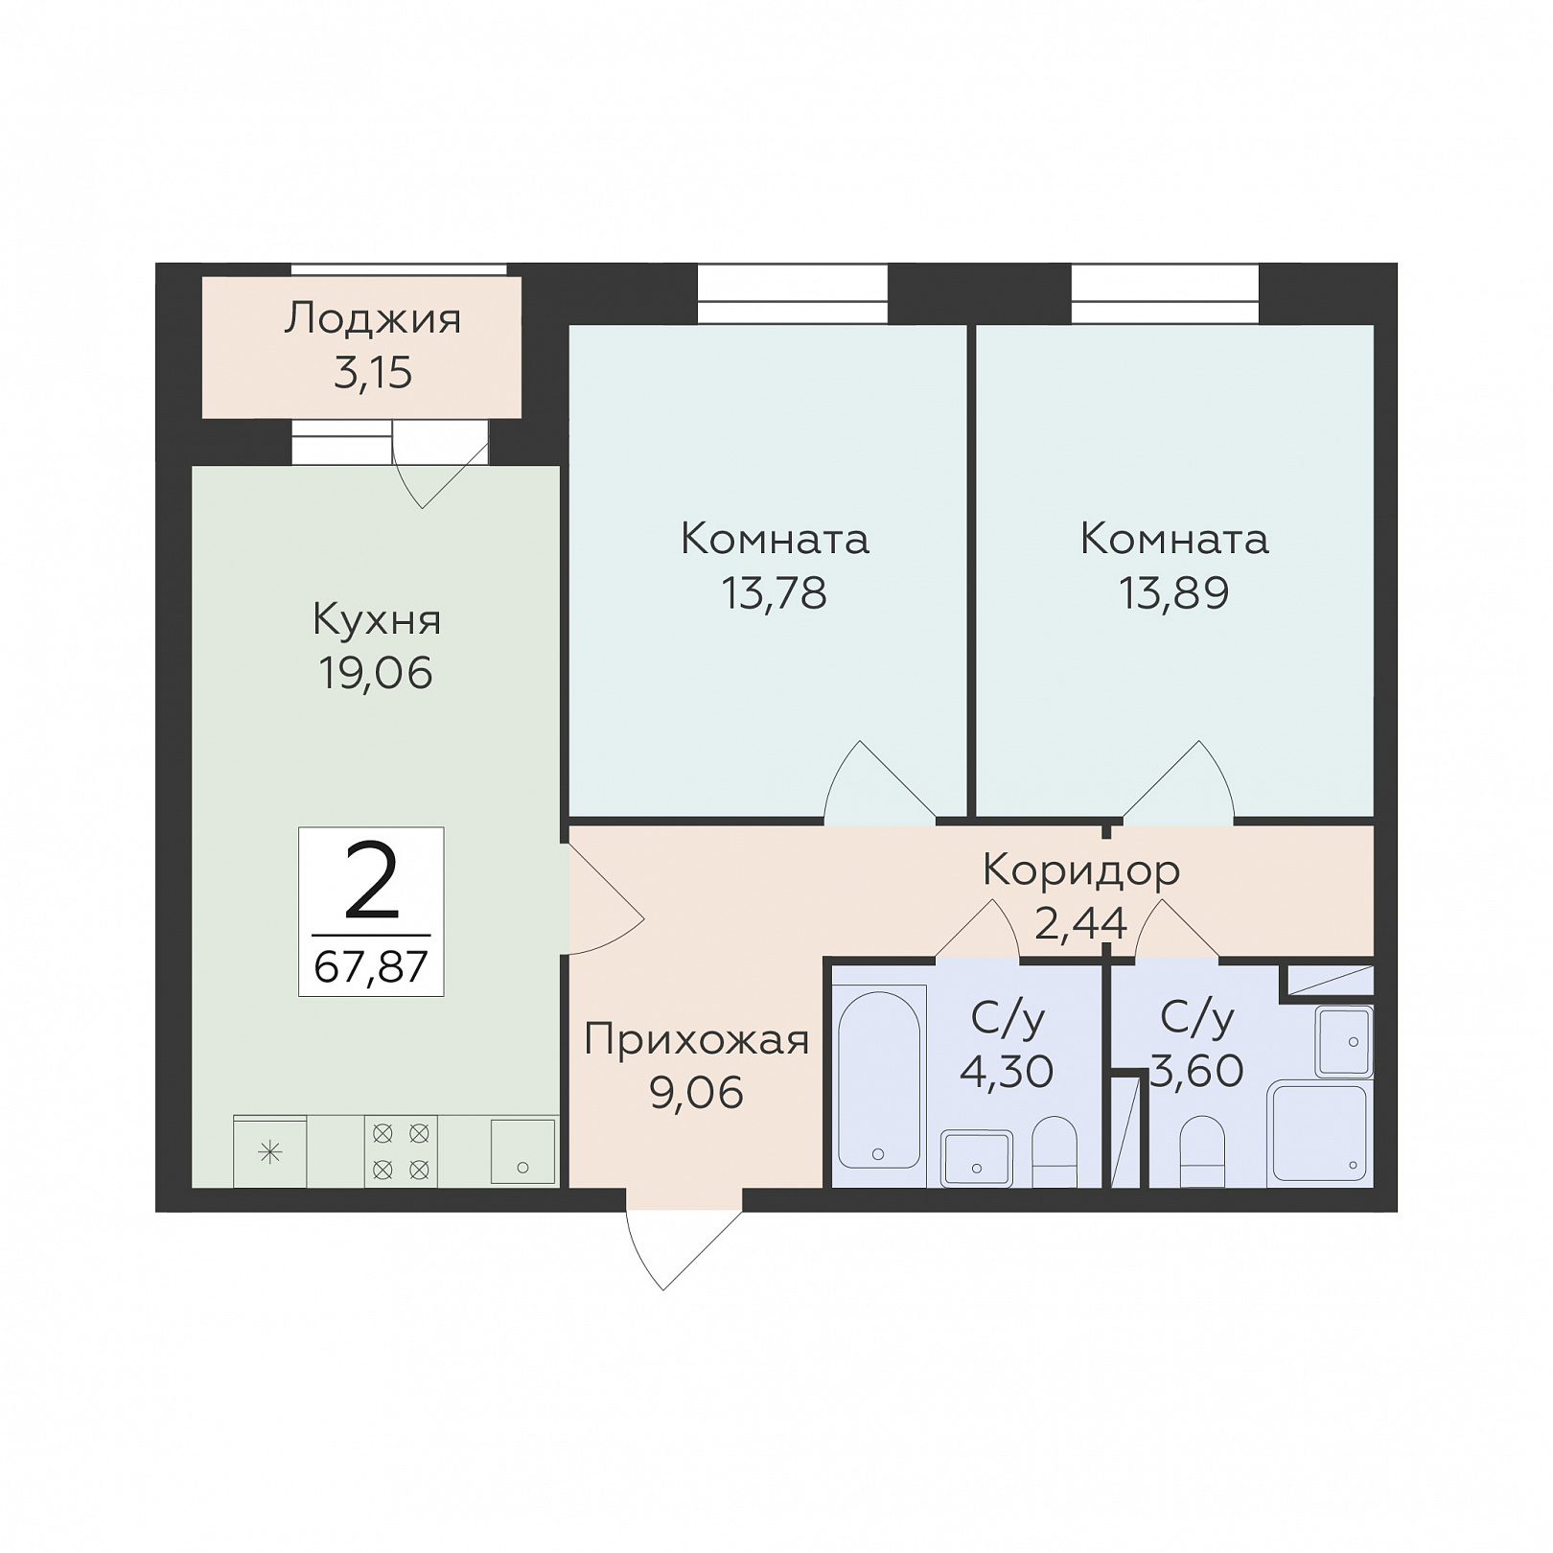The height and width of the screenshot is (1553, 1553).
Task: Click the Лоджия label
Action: [373, 318]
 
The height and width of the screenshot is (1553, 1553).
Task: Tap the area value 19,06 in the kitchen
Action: [376, 673]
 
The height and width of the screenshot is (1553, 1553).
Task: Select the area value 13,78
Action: [775, 593]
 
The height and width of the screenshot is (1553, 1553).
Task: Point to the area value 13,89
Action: [1174, 593]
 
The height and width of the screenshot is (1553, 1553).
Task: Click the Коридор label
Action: [1081, 871]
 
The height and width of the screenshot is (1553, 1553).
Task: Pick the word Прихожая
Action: [697, 1039]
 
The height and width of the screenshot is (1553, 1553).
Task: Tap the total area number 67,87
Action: [371, 966]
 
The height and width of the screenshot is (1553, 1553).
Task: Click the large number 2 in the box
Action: [371, 879]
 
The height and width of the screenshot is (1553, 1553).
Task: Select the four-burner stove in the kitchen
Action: [401, 1151]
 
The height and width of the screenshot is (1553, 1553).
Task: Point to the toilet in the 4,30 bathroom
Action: [1055, 1151]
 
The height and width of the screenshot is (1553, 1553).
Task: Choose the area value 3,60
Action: [1197, 1071]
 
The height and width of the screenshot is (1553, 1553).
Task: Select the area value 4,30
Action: [1007, 1071]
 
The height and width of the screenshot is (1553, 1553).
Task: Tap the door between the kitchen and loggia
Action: [441, 469]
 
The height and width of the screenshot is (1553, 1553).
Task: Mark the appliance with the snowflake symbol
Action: [270, 1151]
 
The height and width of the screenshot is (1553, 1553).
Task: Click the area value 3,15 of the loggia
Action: [373, 373]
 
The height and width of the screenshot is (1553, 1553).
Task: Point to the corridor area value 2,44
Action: [1080, 923]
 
